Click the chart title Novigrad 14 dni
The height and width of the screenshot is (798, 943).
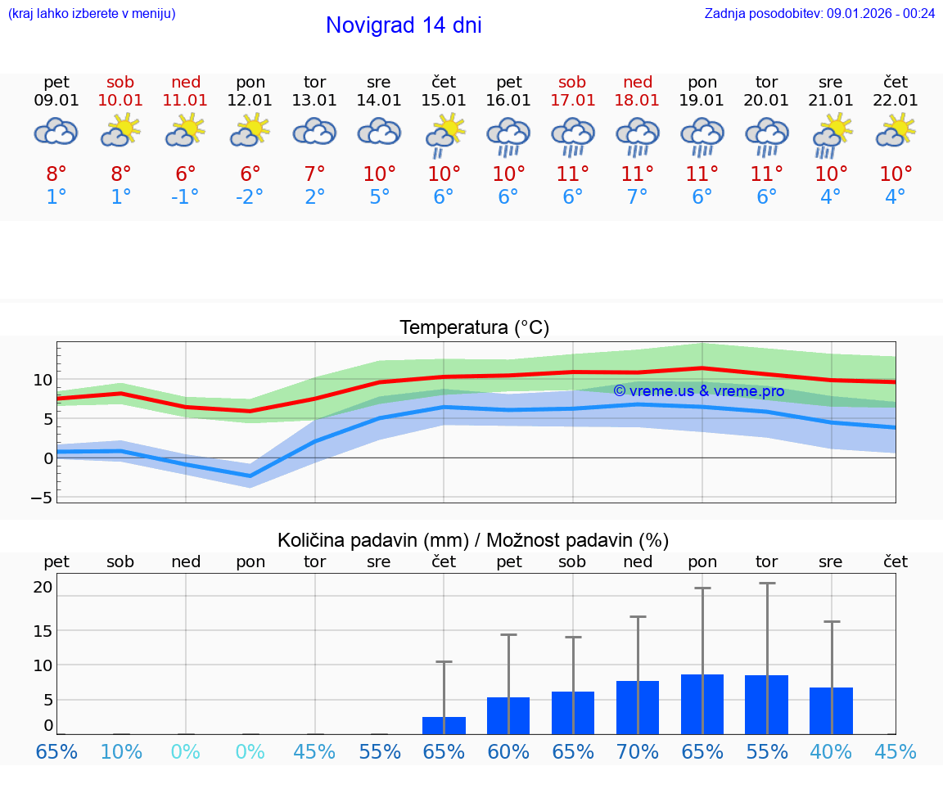point(404,25)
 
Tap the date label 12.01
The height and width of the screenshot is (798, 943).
point(250,101)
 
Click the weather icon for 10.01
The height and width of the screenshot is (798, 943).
point(121,131)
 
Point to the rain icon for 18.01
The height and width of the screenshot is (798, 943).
point(638,136)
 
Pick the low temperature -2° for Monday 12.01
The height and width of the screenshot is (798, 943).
point(250,197)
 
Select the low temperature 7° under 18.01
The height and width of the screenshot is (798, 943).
point(638,197)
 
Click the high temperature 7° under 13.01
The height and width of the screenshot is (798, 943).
point(315,174)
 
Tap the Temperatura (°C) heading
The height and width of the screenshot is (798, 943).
point(474,328)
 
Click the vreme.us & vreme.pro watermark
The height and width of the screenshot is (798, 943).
point(698,391)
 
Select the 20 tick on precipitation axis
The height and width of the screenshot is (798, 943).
point(43,587)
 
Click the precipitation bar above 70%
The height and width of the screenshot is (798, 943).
point(638,707)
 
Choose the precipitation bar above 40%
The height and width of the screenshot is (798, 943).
point(831,710)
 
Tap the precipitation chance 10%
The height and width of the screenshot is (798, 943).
point(121,751)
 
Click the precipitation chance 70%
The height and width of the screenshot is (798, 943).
point(638,751)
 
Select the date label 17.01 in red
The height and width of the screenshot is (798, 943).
point(573,101)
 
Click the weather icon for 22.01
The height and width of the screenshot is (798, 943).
point(896,131)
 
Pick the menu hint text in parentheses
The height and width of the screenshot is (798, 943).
point(92,13)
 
